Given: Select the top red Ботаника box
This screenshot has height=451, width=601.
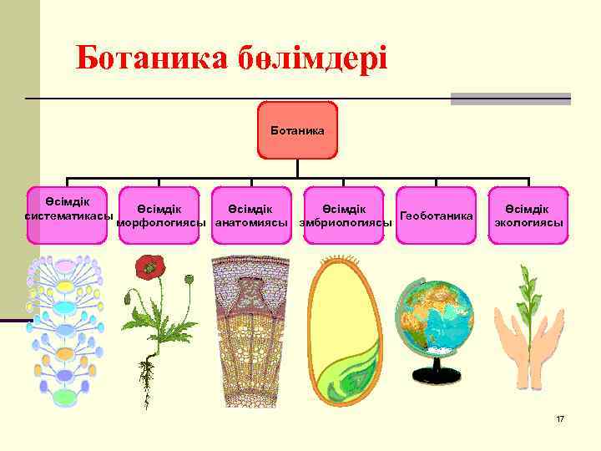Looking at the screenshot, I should coord(297,130).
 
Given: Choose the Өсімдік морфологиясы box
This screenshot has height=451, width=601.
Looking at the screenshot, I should coord(159,215).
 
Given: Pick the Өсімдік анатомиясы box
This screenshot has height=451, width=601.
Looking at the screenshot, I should coord(250,215).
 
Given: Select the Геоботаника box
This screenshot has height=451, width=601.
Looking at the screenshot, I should coord(436,215).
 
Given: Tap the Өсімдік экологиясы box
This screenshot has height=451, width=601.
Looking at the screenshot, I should coord(528,215).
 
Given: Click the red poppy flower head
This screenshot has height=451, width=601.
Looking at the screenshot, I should coord(150,266).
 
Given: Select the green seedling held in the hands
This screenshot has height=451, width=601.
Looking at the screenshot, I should coord(525,301).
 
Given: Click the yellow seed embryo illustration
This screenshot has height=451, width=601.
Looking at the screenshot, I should coord(346,334).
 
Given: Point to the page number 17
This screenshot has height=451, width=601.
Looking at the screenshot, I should coord(560,418).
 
